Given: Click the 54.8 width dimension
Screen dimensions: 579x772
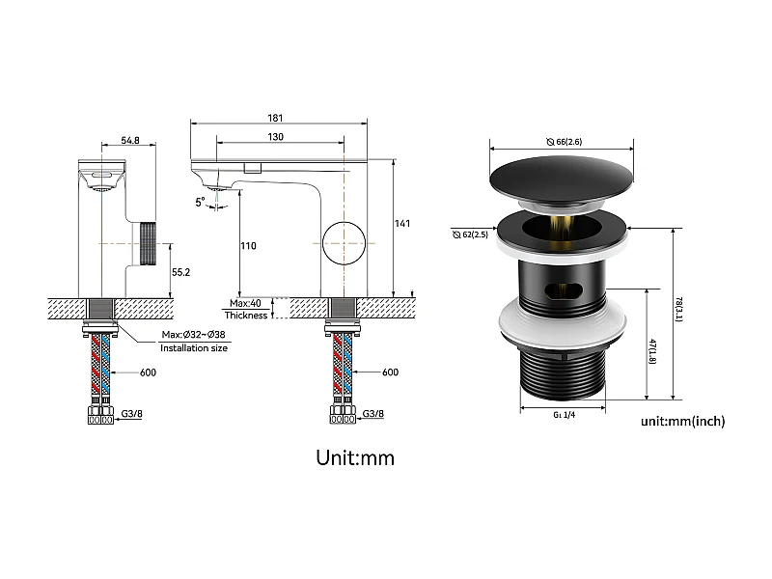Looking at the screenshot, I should click(x=130, y=140).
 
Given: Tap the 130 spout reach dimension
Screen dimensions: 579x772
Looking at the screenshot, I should click(x=276, y=137).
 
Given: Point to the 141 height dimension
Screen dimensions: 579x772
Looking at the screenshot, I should click(x=402, y=224).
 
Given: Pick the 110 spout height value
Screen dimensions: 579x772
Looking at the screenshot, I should click(x=249, y=246).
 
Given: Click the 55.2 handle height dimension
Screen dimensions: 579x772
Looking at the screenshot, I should click(x=180, y=273).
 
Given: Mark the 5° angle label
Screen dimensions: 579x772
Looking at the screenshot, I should click(x=200, y=203).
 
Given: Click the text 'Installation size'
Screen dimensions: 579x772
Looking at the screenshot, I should click(x=194, y=347).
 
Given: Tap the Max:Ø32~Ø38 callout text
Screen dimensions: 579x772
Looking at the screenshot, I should click(x=195, y=335).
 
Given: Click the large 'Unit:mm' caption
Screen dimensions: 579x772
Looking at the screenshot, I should click(x=355, y=457).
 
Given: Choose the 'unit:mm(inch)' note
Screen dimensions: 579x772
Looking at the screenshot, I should click(x=682, y=422).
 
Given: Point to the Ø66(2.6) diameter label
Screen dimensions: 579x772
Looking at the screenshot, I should click(x=564, y=142).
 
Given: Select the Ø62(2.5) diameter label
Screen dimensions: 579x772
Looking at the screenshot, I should click(x=470, y=234).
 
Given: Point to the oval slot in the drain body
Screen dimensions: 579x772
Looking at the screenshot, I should click(x=563, y=289).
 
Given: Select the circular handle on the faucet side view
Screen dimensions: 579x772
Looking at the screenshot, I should click(x=345, y=242).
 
